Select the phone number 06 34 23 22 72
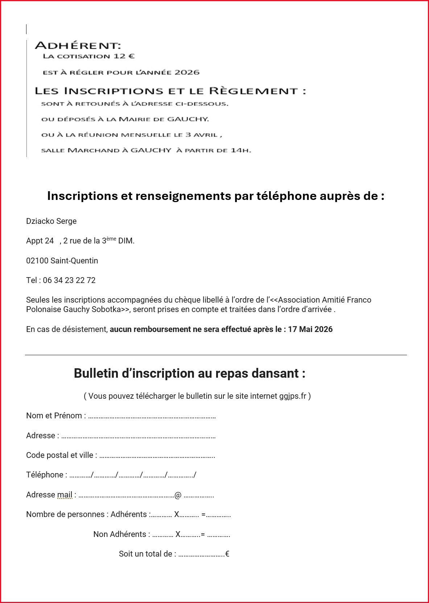[x=69, y=280]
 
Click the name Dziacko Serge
[x=51, y=221]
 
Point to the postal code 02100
[x=37, y=261]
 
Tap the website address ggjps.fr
[x=293, y=396]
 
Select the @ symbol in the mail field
[x=178, y=495]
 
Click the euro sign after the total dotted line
[x=227, y=554]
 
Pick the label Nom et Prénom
[x=54, y=416]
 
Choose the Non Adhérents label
[x=120, y=534]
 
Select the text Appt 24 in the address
[x=40, y=241]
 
